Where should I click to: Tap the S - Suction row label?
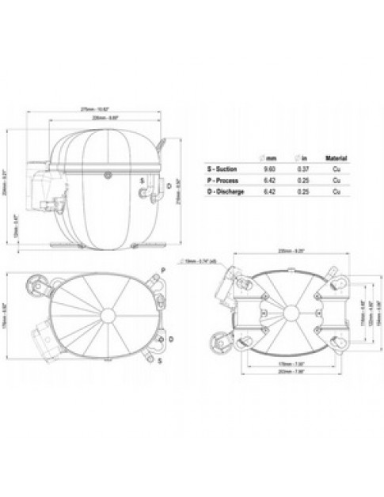point(225,169)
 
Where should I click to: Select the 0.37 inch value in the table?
point(303,169)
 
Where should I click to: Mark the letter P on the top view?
point(162,270)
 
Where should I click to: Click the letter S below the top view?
point(158,360)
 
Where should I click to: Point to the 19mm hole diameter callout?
point(197,261)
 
